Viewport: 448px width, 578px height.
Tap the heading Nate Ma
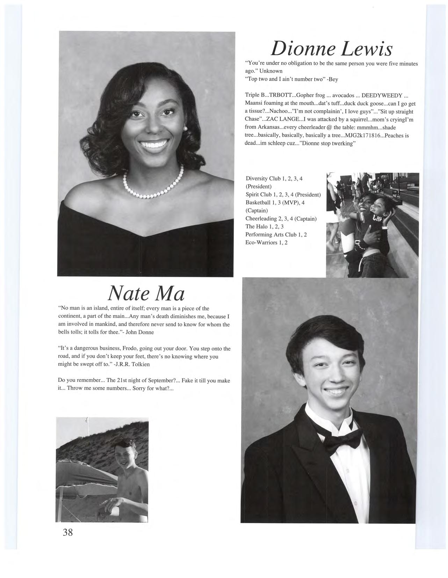[146, 294]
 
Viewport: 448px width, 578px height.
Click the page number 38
[68, 532]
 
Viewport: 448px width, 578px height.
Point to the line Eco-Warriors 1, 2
[266, 242]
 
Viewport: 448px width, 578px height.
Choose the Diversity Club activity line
[274, 178]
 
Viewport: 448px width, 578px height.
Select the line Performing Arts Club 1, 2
[276, 235]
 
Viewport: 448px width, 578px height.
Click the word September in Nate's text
[154, 380]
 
